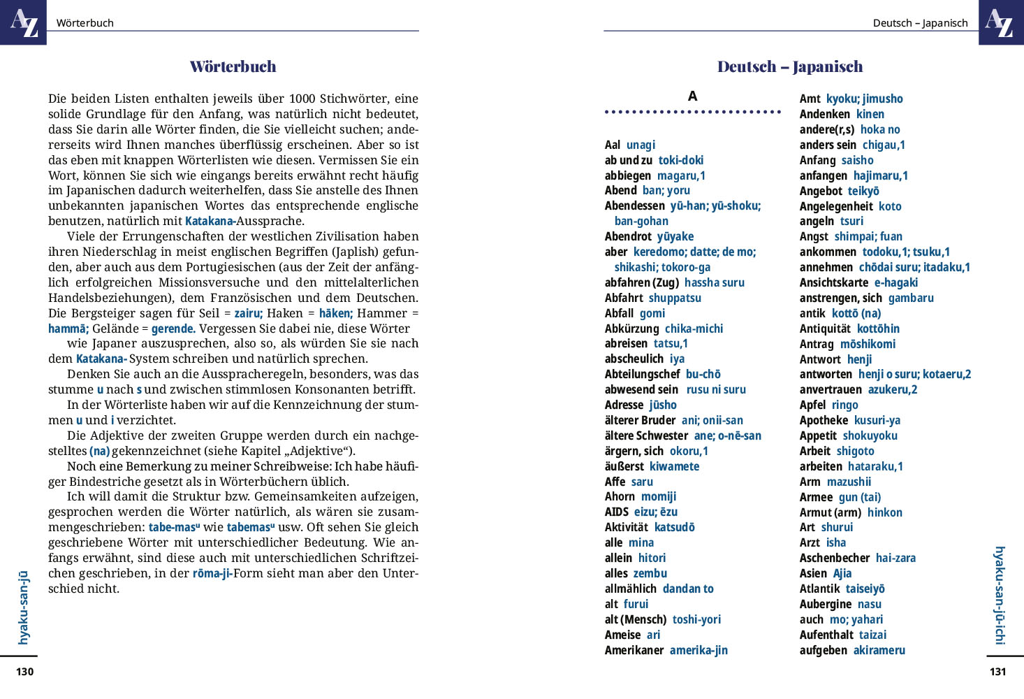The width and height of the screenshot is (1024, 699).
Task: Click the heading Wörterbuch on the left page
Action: [x=233, y=67]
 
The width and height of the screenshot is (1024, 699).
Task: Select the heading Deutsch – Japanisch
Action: [x=790, y=67]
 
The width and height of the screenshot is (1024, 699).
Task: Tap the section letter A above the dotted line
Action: [x=692, y=96]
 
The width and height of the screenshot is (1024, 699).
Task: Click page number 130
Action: [x=24, y=672]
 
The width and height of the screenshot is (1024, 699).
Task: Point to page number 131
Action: [x=998, y=672]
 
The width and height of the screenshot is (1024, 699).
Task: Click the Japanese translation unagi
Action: [x=641, y=145]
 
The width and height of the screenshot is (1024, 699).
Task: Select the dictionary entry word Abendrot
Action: [x=628, y=236]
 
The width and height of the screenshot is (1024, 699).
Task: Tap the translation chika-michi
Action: [x=694, y=329]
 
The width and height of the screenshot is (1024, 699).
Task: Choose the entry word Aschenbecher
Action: [x=834, y=558]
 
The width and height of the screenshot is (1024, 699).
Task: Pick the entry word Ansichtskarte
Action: [x=833, y=282]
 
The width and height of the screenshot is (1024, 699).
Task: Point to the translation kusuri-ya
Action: [x=877, y=420]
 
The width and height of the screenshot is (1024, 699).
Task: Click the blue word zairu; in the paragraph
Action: [x=248, y=313]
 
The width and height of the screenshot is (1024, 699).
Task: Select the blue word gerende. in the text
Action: [x=173, y=329]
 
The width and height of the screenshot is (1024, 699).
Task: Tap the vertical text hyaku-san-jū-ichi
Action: [x=1000, y=595]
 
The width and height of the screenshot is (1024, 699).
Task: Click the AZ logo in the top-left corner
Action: [x=23, y=22]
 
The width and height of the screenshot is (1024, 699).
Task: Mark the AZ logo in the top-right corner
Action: [x=1000, y=22]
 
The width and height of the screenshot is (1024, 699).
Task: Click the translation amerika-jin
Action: [x=698, y=650]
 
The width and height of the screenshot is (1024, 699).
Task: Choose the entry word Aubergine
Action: [x=825, y=604]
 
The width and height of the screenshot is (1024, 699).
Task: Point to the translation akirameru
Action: [x=879, y=650]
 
